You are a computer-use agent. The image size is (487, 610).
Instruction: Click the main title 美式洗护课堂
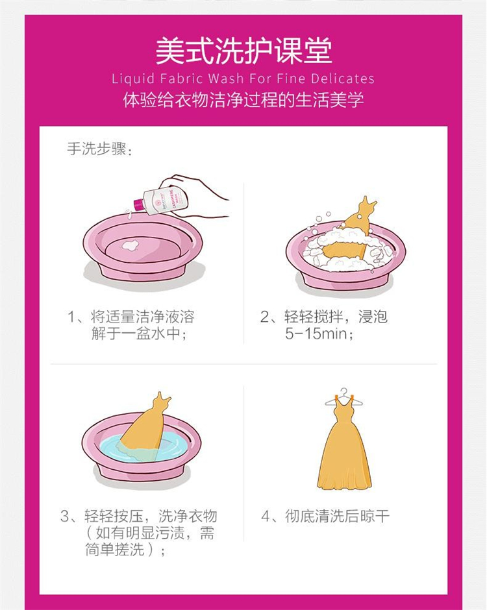point(243,51)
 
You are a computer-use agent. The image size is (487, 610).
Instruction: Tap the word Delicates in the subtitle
point(342,79)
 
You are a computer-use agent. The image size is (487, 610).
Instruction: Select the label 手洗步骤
point(96,149)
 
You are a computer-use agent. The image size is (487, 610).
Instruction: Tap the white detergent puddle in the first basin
point(130,245)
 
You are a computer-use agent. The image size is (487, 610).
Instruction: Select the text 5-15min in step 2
point(316,334)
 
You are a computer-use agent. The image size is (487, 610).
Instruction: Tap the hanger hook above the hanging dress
point(343,392)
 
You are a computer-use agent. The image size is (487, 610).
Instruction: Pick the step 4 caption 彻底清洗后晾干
point(337,517)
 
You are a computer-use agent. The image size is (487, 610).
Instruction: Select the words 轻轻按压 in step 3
point(113,517)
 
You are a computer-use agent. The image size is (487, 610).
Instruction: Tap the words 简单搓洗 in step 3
point(114,549)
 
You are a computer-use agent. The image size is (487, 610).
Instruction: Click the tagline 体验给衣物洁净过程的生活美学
point(243,100)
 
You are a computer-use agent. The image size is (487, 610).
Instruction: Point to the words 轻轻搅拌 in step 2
point(314,317)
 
